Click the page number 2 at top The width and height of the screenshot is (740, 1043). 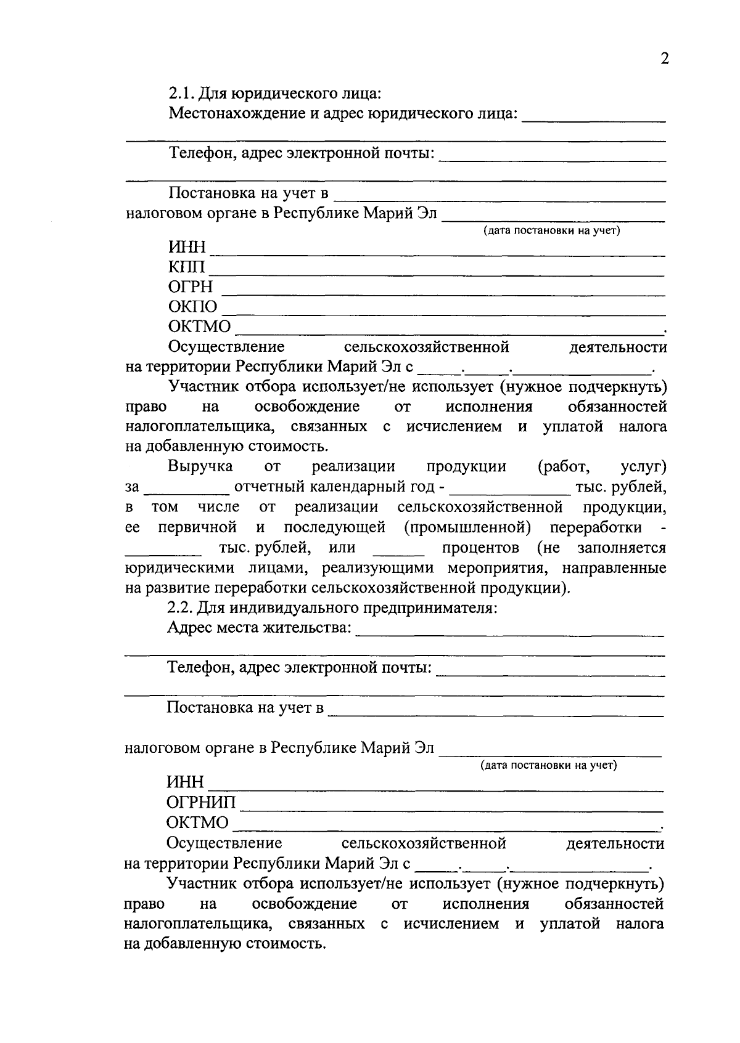664,59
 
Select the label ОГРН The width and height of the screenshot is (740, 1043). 191,287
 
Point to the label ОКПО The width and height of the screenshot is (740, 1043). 192,307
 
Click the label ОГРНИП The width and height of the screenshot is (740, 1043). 201,803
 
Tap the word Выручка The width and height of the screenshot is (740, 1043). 200,467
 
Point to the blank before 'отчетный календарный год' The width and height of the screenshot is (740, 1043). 186,493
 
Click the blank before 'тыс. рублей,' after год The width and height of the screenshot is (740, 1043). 510,493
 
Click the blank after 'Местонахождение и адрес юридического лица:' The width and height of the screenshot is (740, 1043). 594,121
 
